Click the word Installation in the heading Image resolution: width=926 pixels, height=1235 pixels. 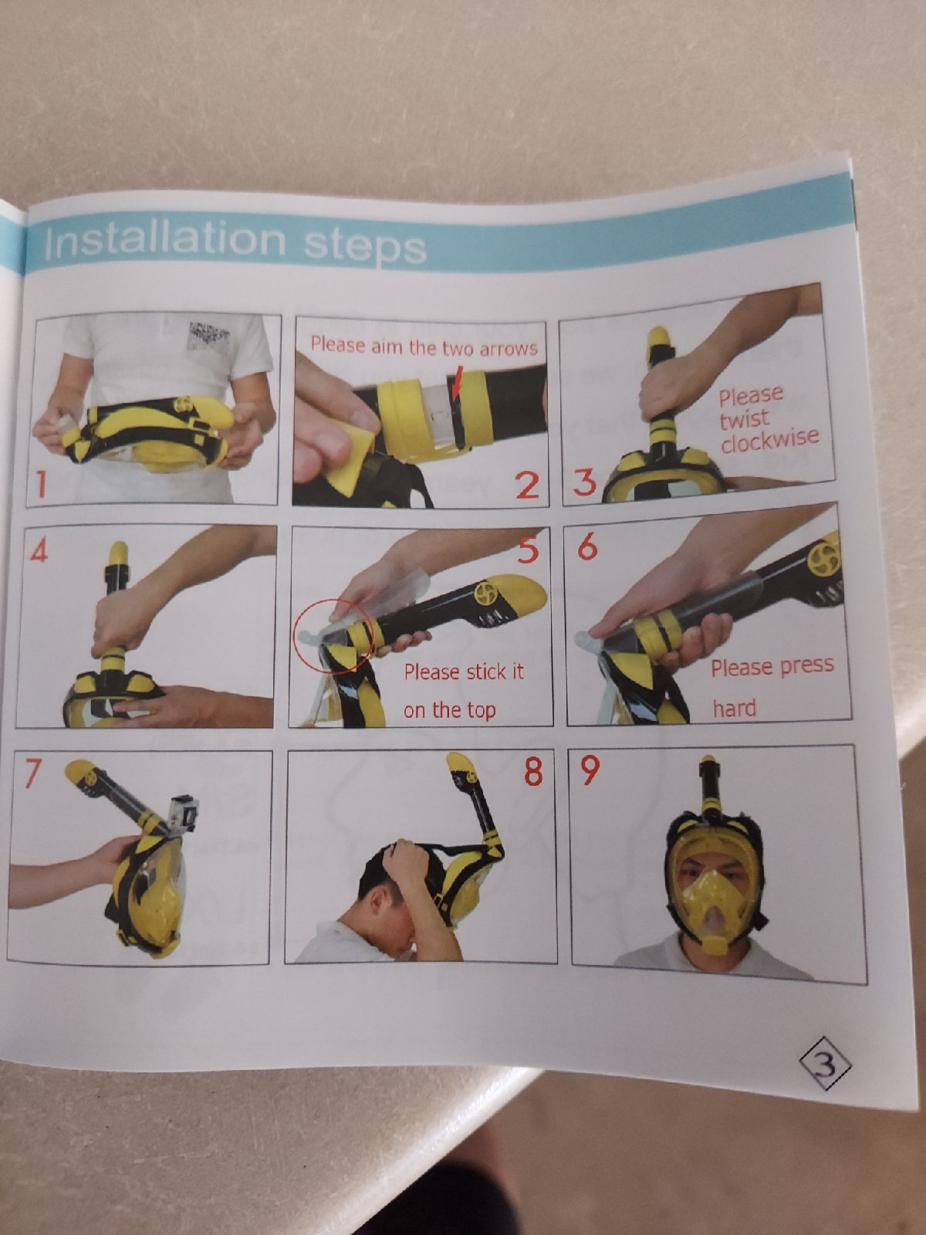(164, 241)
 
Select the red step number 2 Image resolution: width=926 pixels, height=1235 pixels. (527, 486)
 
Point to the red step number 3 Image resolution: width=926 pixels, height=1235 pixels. (584, 483)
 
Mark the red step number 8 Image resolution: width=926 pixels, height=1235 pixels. (533, 771)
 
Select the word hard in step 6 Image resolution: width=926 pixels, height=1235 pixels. (735, 709)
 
